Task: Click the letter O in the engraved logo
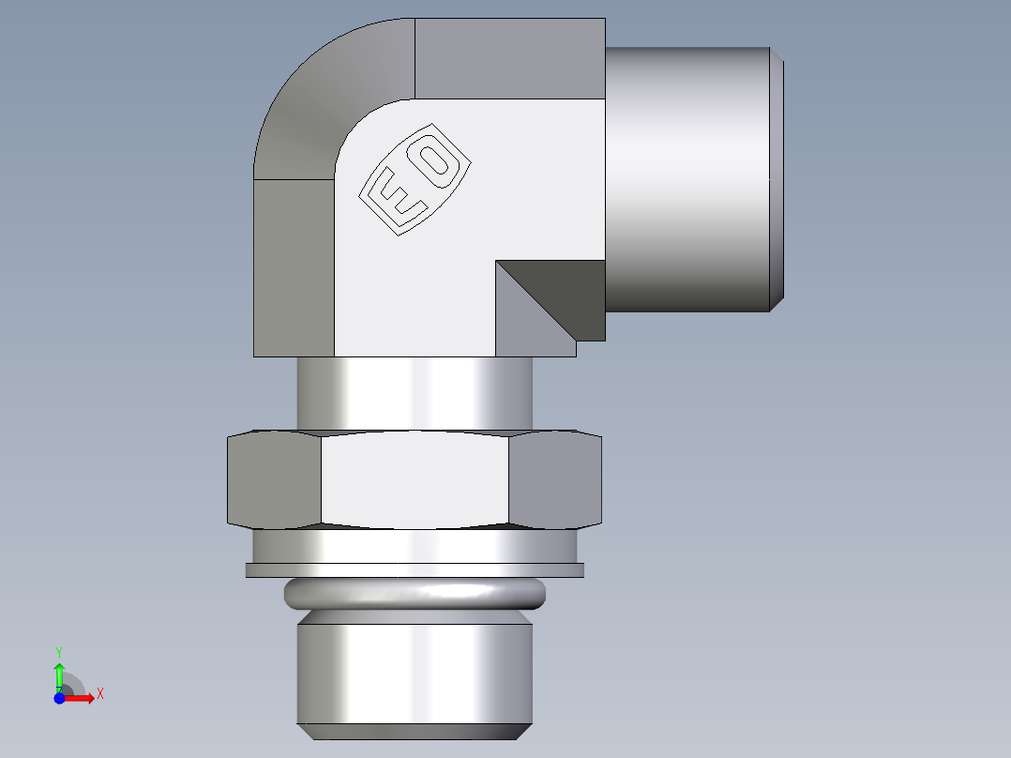(x=435, y=159)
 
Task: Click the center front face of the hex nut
(x=415, y=480)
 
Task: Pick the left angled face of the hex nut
(x=274, y=478)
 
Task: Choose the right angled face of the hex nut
(x=554, y=478)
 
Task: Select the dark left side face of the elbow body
(x=293, y=267)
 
